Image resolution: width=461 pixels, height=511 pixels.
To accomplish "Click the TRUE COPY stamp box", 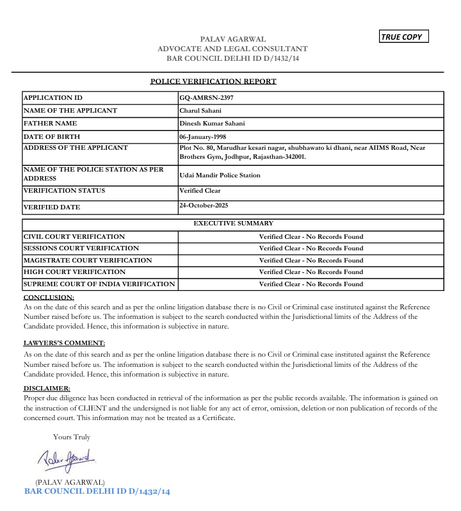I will (x=403, y=36).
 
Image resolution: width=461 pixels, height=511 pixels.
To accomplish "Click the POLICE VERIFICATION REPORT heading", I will (x=213, y=81).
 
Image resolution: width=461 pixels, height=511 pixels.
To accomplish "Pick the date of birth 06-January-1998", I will (x=204, y=136).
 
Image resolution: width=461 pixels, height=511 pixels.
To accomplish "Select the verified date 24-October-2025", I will (x=204, y=205).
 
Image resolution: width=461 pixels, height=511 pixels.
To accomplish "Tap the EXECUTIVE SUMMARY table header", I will (x=233, y=223).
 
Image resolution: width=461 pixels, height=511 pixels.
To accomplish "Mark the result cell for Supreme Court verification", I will (x=311, y=284).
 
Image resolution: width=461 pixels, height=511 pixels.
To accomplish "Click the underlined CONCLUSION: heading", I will (x=49, y=297).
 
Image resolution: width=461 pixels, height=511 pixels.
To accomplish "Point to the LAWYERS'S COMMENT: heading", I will (x=64, y=343).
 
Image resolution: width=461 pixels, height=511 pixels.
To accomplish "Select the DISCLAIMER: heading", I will (x=47, y=388).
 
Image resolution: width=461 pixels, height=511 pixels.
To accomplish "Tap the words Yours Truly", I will (x=72, y=437).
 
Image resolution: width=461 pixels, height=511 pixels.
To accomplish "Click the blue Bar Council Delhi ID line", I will (x=97, y=491).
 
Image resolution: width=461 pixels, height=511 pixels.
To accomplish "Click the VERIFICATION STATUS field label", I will (x=64, y=191).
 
